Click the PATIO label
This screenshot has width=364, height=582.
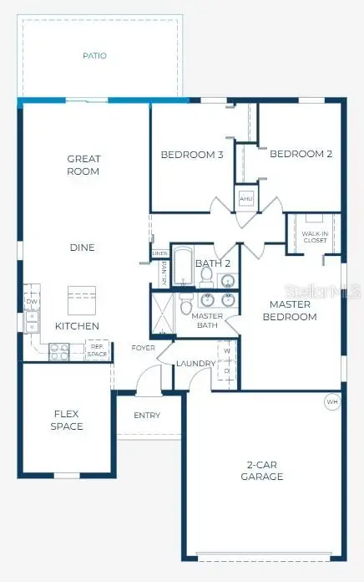(x=94, y=56)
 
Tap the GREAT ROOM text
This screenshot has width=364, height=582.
(x=83, y=165)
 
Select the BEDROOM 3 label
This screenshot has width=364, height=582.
(x=192, y=154)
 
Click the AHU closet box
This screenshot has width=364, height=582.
(x=246, y=199)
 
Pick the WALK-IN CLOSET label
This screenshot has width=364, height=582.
(x=315, y=237)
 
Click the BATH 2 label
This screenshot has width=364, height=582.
(x=213, y=263)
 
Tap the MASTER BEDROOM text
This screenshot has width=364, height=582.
(x=290, y=310)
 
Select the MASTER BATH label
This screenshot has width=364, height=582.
(x=206, y=320)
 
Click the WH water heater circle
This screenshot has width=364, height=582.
(x=332, y=401)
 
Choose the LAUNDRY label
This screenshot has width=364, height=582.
(x=196, y=363)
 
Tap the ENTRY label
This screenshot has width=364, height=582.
(x=147, y=416)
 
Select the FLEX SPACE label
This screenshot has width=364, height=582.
(x=67, y=420)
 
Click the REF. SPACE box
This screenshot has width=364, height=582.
(x=98, y=350)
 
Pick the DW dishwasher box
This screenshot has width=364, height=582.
(x=32, y=301)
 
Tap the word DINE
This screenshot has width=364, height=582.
(x=82, y=248)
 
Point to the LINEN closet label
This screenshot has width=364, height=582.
(x=159, y=253)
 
